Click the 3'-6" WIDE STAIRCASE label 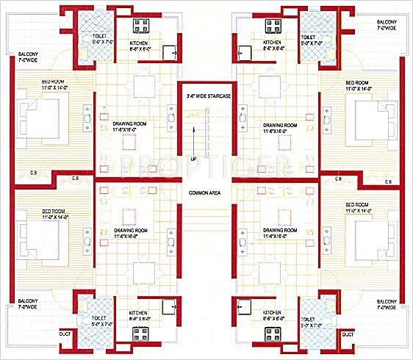tap(205, 96)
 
